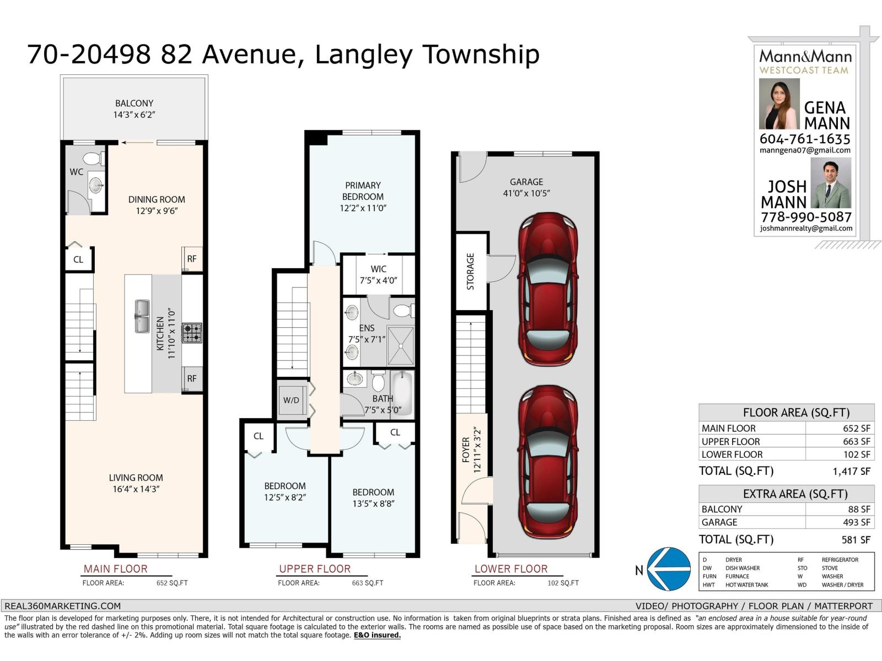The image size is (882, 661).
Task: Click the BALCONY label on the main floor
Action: [x=134, y=104]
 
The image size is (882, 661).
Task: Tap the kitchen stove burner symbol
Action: [x=192, y=333]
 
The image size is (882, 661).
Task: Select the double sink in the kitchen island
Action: [x=142, y=316]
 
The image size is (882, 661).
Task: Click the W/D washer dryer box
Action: [x=292, y=400]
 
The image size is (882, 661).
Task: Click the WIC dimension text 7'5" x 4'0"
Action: [x=378, y=280]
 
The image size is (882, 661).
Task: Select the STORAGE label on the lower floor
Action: [x=471, y=272]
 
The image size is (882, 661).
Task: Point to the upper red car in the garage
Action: [x=548, y=289]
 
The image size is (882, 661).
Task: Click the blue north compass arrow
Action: [x=668, y=568]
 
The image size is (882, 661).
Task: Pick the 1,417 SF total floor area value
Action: [x=851, y=472]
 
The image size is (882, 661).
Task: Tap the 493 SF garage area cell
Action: [x=856, y=522]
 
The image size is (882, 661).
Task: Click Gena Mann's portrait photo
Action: [x=779, y=104]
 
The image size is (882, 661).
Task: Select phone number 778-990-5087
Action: [x=806, y=217]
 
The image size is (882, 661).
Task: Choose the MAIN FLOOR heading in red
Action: [x=115, y=568]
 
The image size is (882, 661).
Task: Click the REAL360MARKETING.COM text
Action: [x=63, y=606]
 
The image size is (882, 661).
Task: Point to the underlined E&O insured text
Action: [x=377, y=635]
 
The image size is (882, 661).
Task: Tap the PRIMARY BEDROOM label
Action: [x=363, y=191]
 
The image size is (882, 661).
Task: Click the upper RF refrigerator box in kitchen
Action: [x=192, y=259]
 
